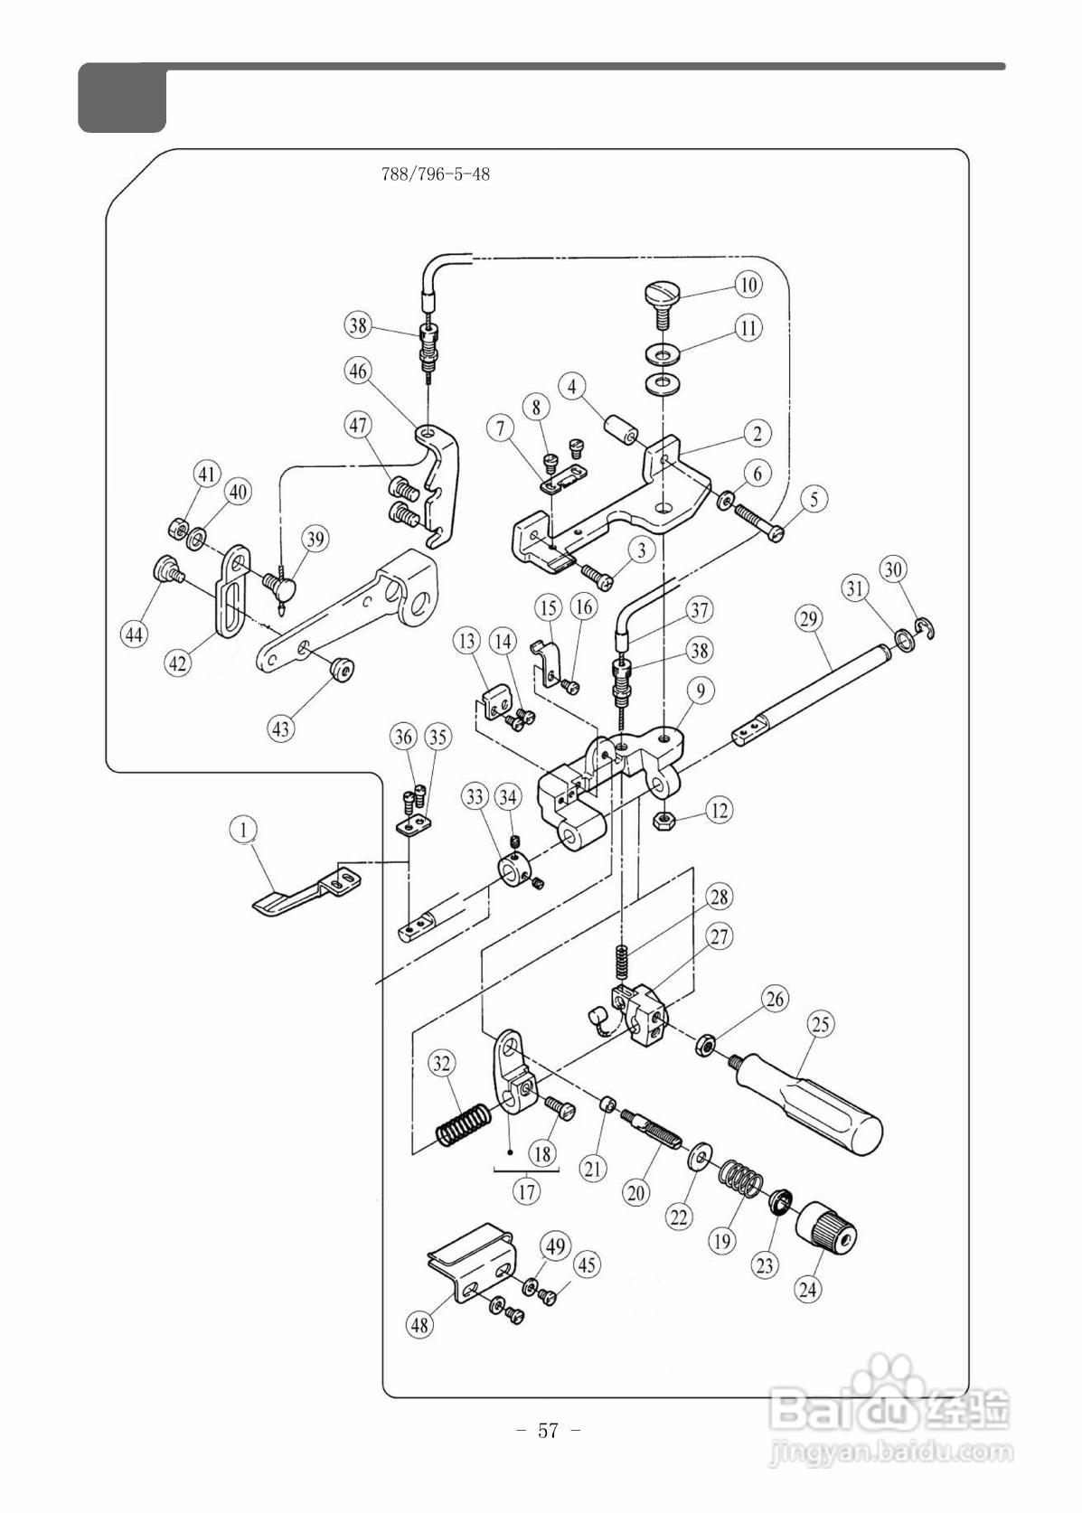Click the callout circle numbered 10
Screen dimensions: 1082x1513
pyautogui.click(x=748, y=285)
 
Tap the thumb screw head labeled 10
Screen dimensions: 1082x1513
pyautogui.click(x=661, y=295)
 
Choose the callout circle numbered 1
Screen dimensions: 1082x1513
pyautogui.click(x=244, y=830)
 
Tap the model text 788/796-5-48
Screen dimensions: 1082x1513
pyautogui.click(x=436, y=174)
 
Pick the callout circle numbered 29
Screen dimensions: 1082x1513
pyautogui.click(x=809, y=619)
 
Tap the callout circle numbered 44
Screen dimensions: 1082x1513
pyautogui.click(x=135, y=634)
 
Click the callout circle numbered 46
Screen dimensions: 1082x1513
pyautogui.click(x=358, y=371)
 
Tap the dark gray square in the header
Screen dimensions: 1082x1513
pyautogui.click(x=122, y=98)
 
